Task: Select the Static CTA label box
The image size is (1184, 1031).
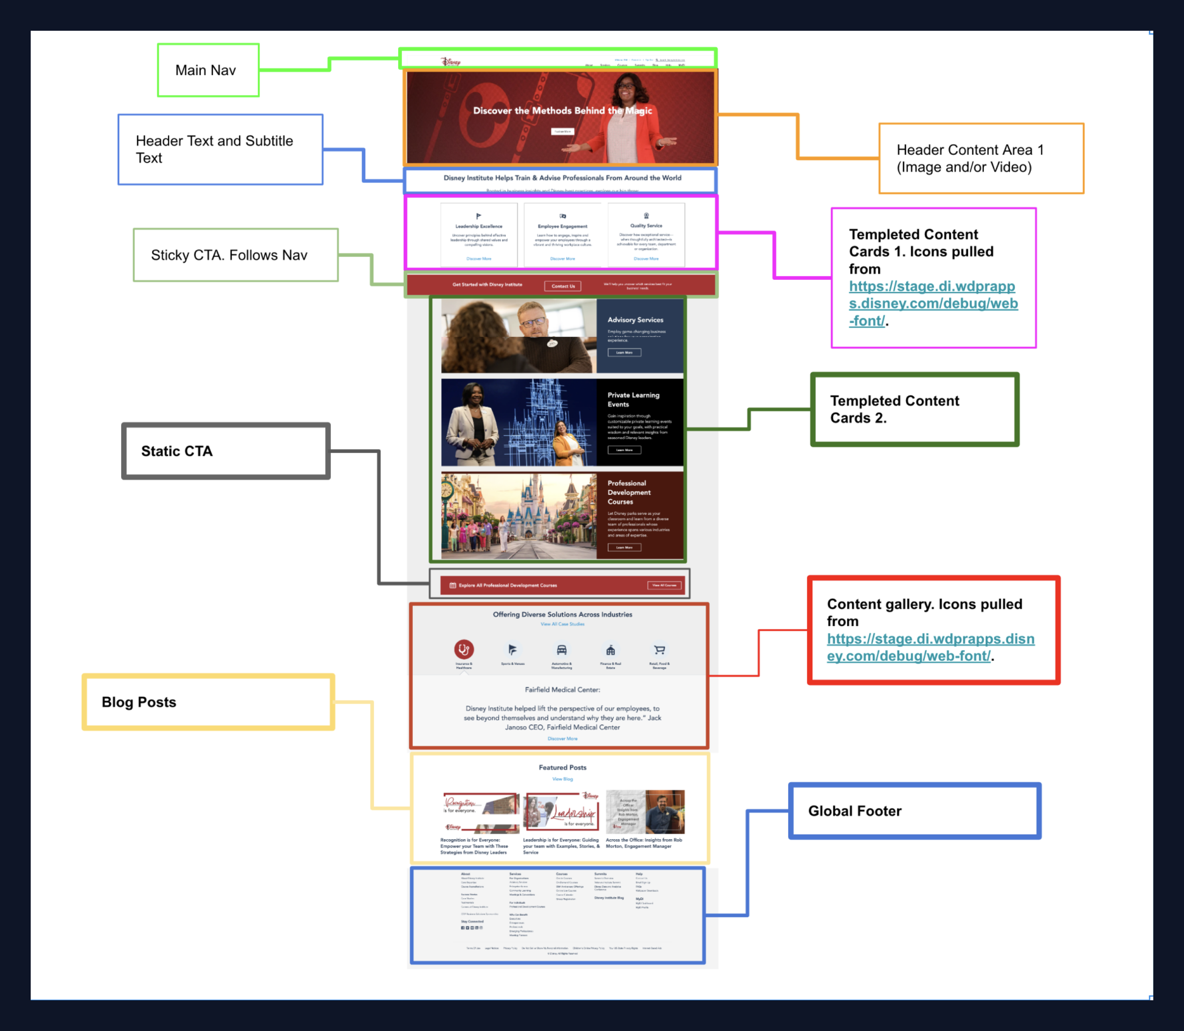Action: [x=225, y=451]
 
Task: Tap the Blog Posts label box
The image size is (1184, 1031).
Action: [x=208, y=702]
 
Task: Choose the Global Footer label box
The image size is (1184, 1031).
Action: [x=914, y=811]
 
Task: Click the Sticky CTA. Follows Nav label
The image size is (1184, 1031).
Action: [x=235, y=255]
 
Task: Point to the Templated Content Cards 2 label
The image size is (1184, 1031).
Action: [x=914, y=409]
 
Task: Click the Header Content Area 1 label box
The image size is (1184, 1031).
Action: [x=981, y=158]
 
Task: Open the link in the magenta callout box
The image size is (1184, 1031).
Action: [x=933, y=303]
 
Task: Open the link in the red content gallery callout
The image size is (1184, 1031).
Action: [x=930, y=647]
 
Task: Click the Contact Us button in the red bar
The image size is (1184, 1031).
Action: [x=563, y=286]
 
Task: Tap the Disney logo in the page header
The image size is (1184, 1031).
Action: [x=450, y=62]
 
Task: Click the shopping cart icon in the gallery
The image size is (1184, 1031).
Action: [x=659, y=650]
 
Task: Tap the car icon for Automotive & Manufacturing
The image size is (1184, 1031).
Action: [x=562, y=650]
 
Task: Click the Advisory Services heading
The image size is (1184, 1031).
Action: [x=635, y=320]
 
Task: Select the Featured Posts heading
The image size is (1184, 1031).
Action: [x=562, y=768]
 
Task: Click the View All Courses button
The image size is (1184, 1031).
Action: [x=664, y=585]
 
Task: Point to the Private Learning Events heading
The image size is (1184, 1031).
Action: [x=633, y=399]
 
